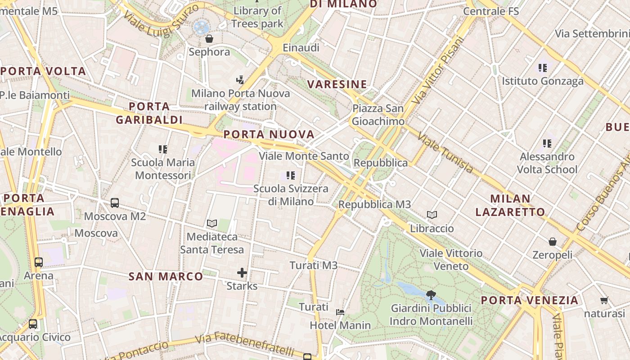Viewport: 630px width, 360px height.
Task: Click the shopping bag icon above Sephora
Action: coord(209,39)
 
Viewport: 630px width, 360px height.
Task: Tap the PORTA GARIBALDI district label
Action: coord(149,113)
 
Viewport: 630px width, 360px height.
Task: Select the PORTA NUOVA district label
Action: coord(269,135)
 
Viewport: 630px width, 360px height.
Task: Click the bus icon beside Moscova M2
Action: coord(115,203)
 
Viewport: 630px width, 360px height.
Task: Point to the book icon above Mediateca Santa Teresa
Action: coord(212,223)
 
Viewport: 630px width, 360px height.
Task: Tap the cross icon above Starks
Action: coord(242,273)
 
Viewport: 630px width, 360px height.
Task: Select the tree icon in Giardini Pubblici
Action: coord(431,295)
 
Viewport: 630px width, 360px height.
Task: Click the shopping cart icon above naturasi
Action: coord(604,300)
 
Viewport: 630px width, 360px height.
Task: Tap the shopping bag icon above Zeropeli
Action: coord(553,242)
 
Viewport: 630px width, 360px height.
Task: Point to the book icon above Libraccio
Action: coord(432,215)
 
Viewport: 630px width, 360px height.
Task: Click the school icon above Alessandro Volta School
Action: coord(547,144)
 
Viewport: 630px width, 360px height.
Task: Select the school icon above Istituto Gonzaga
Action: coord(543,68)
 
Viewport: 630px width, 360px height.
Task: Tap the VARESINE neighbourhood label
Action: coord(337,84)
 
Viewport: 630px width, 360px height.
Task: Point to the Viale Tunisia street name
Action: coord(445,153)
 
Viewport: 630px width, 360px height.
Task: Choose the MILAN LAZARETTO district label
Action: coord(510,205)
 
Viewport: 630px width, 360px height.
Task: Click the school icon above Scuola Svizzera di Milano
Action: coord(291,175)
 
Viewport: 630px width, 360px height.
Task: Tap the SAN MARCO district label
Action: coord(166,276)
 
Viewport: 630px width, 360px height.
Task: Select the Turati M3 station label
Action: coord(314,265)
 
